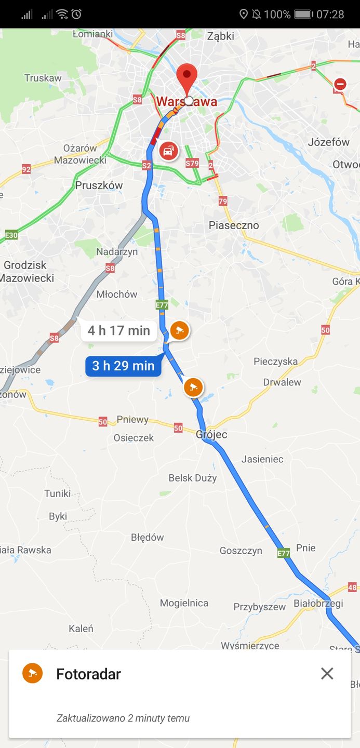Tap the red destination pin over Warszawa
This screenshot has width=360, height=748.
click(187, 78)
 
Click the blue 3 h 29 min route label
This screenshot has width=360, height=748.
click(123, 366)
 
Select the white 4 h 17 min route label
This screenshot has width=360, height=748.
click(118, 330)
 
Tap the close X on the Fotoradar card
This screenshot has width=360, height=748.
click(327, 674)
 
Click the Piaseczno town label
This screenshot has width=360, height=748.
click(233, 225)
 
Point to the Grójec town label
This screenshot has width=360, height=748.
click(211, 434)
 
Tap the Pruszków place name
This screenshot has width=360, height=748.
click(99, 185)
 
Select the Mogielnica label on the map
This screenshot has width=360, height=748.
click(184, 603)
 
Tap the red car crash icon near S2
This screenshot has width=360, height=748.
click(168, 151)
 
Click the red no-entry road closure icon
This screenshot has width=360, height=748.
click(340, 84)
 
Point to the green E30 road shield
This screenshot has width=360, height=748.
click(11, 235)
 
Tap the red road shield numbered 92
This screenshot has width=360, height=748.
click(26, 169)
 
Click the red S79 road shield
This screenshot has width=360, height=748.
click(192, 163)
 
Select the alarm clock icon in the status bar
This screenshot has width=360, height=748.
click(76, 14)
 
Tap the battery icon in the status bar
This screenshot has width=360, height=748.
click(303, 14)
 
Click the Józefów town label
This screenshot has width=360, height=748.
click(328, 142)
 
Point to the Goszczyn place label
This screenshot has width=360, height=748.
click(241, 551)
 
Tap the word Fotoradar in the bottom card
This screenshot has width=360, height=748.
click(88, 674)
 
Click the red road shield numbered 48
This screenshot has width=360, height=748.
click(352, 587)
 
